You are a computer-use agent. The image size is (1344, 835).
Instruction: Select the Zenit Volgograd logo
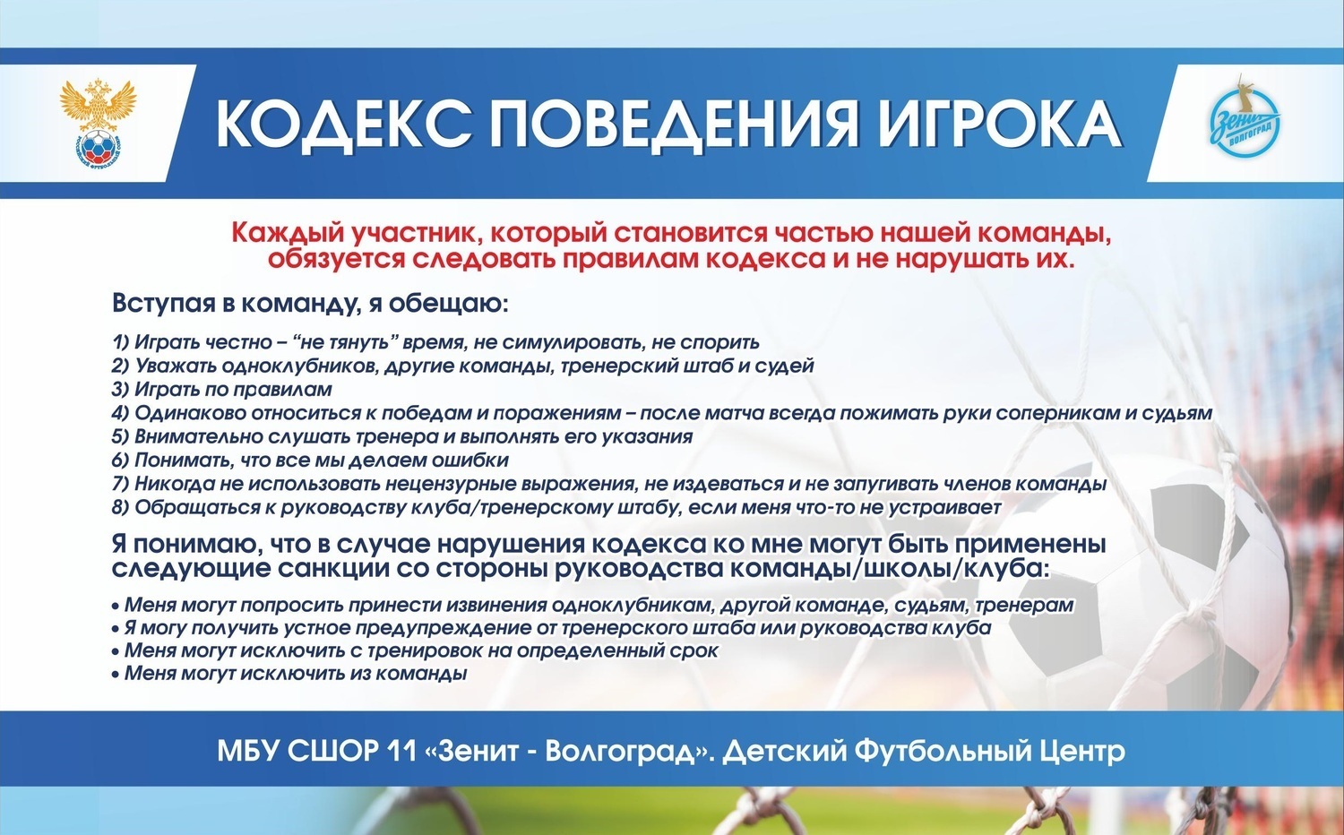tap(1247, 119)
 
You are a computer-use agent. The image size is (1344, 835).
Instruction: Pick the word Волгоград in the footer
tap(619, 753)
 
